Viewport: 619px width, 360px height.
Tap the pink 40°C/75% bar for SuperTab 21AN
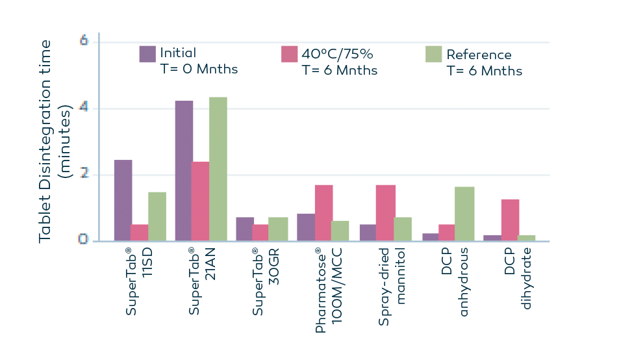(200, 201)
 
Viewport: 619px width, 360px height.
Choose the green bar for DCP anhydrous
(464, 214)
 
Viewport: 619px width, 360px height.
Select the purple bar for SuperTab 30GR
(244, 229)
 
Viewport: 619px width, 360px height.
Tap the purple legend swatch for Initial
(147, 54)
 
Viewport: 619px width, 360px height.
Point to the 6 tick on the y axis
(84, 41)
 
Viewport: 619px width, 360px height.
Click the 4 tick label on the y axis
(84, 108)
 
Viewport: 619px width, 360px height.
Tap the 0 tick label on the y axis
(84, 240)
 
